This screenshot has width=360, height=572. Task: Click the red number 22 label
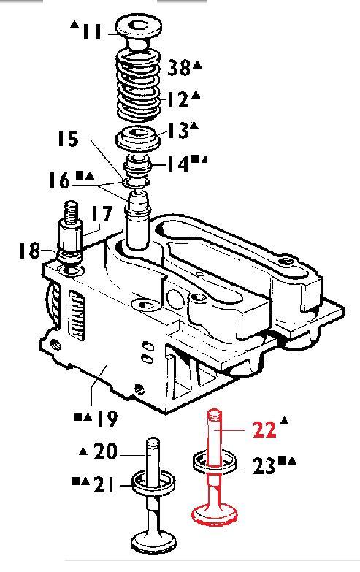(x=264, y=430)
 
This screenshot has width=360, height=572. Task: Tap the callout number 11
(x=91, y=32)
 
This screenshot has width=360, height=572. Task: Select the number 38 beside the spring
(x=179, y=67)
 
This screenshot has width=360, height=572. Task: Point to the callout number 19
(x=107, y=419)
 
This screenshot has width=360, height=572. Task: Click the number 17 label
(x=101, y=214)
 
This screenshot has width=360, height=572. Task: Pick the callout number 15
(x=68, y=139)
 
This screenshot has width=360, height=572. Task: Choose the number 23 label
(x=264, y=466)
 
